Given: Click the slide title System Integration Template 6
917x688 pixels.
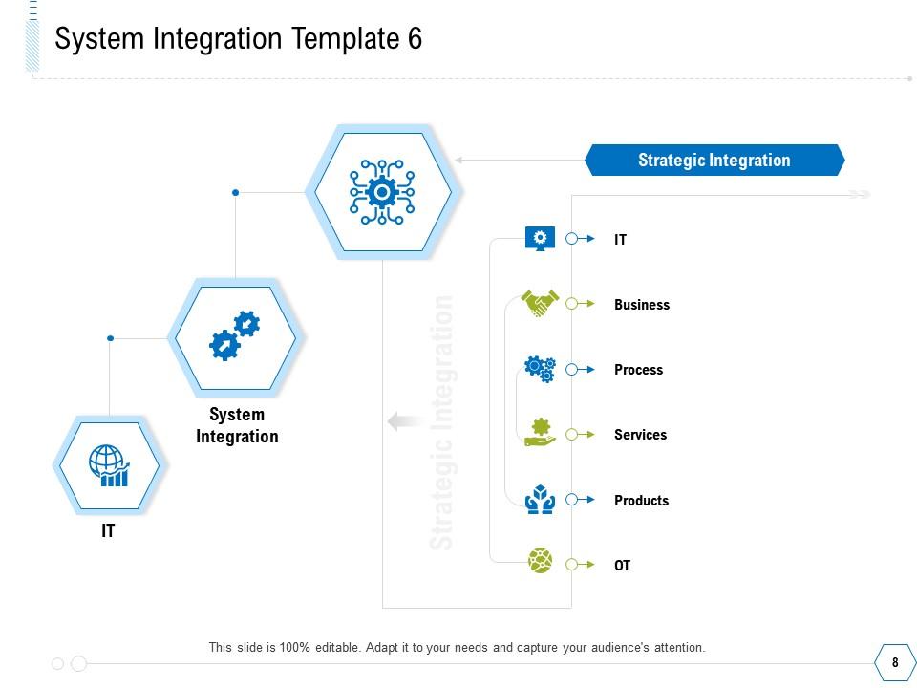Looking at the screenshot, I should (x=239, y=39).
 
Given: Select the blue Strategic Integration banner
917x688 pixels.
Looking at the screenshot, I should (x=714, y=161).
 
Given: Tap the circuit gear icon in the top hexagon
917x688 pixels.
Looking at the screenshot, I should (x=382, y=192).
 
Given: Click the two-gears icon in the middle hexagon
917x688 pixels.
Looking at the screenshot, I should (x=235, y=335).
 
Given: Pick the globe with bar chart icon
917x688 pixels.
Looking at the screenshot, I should (x=109, y=465).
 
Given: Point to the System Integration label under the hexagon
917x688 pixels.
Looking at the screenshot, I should (x=237, y=425).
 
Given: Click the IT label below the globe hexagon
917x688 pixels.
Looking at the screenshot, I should (x=108, y=531).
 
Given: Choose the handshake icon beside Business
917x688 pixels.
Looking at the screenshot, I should (x=541, y=304).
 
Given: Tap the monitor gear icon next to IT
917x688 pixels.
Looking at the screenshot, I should (x=541, y=238).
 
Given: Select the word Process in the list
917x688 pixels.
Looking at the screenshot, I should (x=638, y=370).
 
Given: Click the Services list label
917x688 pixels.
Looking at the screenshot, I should (x=640, y=435).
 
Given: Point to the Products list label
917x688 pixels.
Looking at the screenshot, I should (x=641, y=501).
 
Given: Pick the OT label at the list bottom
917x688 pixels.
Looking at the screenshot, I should (x=622, y=566).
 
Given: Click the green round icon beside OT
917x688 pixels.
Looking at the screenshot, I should (x=541, y=561).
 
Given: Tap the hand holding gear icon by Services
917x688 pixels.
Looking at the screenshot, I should (x=541, y=432).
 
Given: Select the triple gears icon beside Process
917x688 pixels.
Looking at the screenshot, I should (x=541, y=369).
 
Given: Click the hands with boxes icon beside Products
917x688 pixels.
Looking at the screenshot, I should (x=541, y=499).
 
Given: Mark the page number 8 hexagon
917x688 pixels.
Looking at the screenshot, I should (x=895, y=662).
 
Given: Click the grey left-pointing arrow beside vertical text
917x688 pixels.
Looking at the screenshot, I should (x=406, y=421).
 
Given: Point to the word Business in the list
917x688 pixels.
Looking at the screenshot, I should (x=642, y=305).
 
